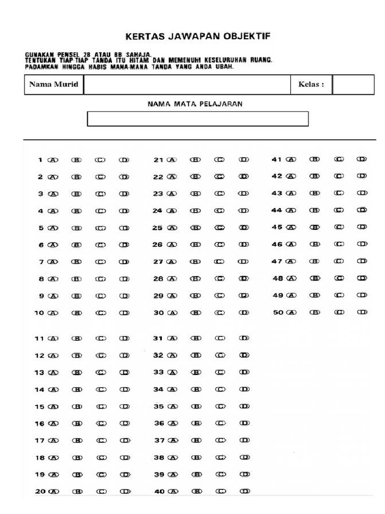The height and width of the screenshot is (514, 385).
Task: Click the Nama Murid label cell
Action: (54, 84)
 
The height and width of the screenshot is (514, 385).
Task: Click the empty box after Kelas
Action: (353, 84)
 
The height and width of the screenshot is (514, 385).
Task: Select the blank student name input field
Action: (187, 84)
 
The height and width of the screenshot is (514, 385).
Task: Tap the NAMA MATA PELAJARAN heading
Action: (195, 104)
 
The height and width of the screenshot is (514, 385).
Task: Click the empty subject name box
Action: (198, 119)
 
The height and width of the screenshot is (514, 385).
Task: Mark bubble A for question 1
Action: (53, 160)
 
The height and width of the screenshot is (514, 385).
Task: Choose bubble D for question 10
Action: (124, 313)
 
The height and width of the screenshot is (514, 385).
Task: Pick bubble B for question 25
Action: (195, 228)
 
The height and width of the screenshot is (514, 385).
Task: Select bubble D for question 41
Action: (361, 160)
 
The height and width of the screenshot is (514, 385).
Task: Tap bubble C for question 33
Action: (220, 372)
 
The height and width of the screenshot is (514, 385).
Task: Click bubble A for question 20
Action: (53, 492)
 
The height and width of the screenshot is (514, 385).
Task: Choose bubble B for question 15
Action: (77, 407)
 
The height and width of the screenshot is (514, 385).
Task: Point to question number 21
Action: (158, 160)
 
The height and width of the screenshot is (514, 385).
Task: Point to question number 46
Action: (277, 244)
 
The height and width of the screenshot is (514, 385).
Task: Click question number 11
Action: (39, 339)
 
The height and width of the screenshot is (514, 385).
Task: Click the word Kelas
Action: (307, 84)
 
